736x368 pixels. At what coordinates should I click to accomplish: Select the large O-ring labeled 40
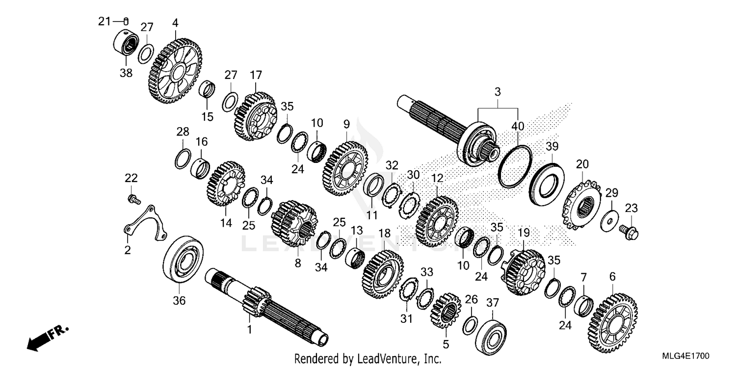click(x=515, y=166)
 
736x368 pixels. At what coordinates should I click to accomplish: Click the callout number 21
click(x=104, y=21)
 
